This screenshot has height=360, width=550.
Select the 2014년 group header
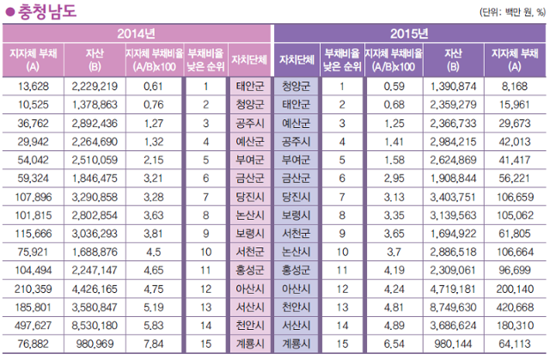pos(137,34)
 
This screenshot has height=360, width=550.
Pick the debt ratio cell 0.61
pos(153,86)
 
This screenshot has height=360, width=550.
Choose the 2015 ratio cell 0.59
pos(394,86)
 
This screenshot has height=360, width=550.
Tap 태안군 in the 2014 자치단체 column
pos(251,86)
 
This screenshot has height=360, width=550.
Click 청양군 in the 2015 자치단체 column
pos(296,86)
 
